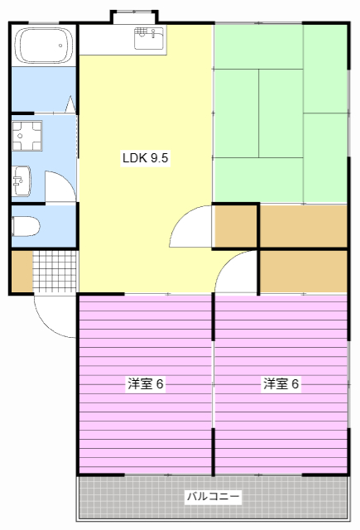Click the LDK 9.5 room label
coord(146,159)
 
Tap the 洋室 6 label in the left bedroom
coord(146,384)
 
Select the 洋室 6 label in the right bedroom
coord(281,384)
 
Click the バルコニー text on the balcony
coord(213,497)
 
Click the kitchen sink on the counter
coord(150,34)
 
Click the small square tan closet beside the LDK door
coord(236,225)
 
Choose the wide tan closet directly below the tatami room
coord(304,225)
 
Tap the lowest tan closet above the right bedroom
coord(304,270)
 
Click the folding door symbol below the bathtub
coord(70,106)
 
